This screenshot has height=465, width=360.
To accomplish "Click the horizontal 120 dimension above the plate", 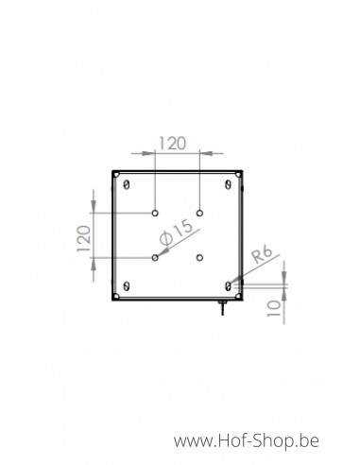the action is point(173,144).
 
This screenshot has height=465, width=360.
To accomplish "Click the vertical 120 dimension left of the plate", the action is point(84,238).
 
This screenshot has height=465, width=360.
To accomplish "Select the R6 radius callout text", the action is point(262,254).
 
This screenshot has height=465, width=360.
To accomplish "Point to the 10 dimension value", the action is point(274,308).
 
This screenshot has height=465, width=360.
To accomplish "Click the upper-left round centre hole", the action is point(155,214).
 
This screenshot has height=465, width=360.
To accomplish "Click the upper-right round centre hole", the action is point(199,214).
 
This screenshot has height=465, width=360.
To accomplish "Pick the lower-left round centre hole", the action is point(155,258).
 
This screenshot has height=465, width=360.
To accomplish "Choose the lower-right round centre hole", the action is point(199,258).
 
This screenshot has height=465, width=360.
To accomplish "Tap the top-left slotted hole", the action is point(127,184).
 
